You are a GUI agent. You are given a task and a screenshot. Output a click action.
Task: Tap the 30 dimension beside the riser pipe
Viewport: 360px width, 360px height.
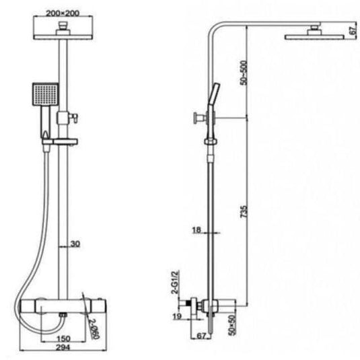(75, 244)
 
